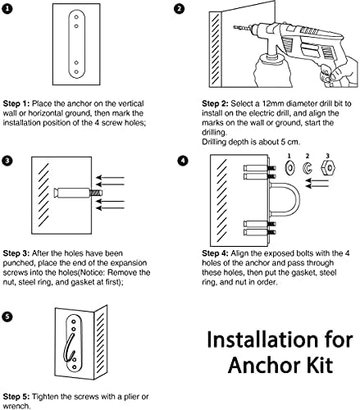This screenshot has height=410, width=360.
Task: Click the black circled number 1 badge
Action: click(x=7, y=9)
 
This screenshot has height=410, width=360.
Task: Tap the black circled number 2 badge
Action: click(x=179, y=9)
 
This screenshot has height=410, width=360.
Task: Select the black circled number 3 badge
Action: click(x=7, y=161)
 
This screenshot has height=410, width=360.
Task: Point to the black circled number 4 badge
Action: click(x=183, y=161)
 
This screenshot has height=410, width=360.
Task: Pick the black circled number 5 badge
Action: click(x=7, y=317)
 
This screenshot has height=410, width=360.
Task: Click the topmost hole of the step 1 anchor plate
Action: click(x=76, y=17)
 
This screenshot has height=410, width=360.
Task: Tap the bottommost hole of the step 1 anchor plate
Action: click(x=76, y=72)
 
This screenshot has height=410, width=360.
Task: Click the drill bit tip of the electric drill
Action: click(x=234, y=27)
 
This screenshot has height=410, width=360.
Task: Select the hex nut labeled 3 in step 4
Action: click(x=328, y=167)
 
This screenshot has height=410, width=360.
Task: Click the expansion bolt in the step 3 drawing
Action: click(x=78, y=193)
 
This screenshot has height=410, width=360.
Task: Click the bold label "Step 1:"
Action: click(x=16, y=104)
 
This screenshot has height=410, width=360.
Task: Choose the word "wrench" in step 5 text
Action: click(x=15, y=406)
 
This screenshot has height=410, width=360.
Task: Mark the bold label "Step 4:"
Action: click(x=215, y=253)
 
